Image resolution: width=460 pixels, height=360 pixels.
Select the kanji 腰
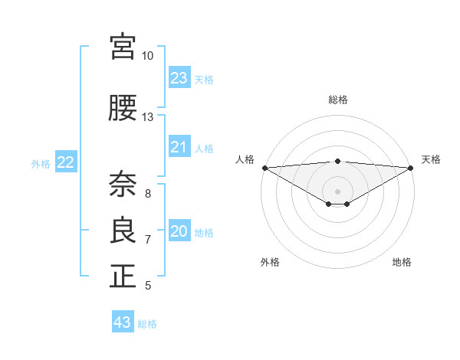click(123, 108)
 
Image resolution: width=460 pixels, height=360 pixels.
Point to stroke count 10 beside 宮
click(147, 56)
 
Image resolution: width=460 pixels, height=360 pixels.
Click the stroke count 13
click(147, 117)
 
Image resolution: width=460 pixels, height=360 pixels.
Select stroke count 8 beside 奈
click(147, 194)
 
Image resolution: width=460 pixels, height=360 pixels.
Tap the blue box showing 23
click(179, 78)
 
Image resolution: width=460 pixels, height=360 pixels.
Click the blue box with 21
click(179, 147)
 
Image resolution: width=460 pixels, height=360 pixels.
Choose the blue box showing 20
click(179, 231)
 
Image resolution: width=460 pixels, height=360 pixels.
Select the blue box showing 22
click(66, 162)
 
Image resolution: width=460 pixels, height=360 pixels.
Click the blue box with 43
click(123, 322)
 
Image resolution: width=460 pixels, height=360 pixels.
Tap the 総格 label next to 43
click(147, 324)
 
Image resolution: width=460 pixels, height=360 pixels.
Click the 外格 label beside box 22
click(41, 163)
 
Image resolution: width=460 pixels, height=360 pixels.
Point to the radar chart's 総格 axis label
click(337, 100)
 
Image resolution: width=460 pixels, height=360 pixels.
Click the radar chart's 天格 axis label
click(431, 159)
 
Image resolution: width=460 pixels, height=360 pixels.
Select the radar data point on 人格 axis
click(264, 168)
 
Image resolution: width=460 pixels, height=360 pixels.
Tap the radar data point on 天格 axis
click(410, 168)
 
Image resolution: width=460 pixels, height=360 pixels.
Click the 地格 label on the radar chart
click(402, 262)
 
